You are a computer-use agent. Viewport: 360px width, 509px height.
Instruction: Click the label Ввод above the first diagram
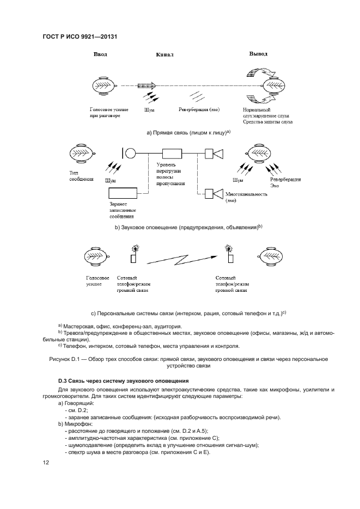(x=101, y=54)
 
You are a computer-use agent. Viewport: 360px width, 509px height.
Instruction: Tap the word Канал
(x=164, y=55)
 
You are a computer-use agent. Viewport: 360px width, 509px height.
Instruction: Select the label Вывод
(x=258, y=54)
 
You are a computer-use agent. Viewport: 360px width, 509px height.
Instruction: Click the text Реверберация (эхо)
(x=199, y=109)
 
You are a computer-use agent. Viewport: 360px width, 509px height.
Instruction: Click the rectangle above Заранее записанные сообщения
(x=123, y=193)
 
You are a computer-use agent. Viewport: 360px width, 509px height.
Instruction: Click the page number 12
(x=46, y=463)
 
